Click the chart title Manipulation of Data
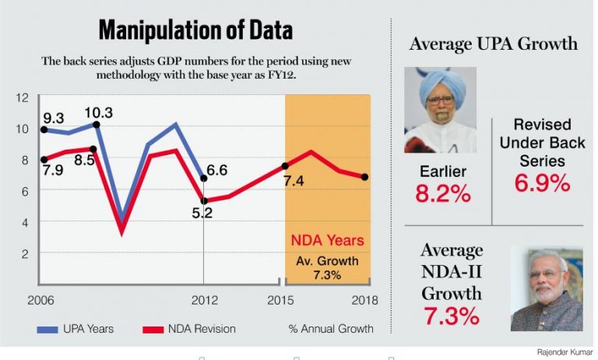195,30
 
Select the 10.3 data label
98,113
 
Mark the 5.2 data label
202,210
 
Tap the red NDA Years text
327,241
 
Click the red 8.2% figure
442,194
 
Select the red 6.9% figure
542,184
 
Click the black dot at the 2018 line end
365,177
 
